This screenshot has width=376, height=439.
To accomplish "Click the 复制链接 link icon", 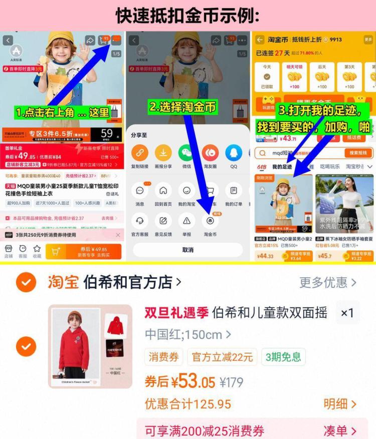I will coord(140,153).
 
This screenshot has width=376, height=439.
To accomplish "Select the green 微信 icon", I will coord(186,153).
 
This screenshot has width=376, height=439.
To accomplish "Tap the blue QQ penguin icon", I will coord(234,153).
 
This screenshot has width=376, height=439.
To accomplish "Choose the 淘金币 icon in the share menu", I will coord(210,221).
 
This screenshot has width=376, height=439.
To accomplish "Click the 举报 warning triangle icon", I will coord(186,221).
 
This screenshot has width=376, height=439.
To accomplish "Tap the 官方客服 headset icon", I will coord(140,221).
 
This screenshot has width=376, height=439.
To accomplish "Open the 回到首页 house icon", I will coord(163,191).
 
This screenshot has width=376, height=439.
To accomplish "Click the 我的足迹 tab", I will coord(282,167).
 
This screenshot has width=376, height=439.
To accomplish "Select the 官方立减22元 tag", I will coord(222,357).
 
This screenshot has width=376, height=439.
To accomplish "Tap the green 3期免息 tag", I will coord(283,357).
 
